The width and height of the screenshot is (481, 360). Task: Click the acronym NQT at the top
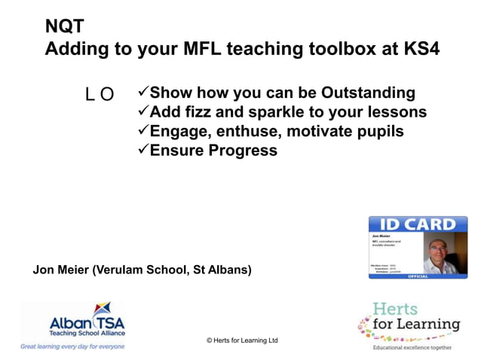tap(60, 27)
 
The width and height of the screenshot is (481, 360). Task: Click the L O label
tap(100, 94)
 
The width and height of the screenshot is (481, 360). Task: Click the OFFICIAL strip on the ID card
tap(417, 276)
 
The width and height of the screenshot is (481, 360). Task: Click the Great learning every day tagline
tap(72, 346)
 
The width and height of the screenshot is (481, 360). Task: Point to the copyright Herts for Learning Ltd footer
tap(242, 340)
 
